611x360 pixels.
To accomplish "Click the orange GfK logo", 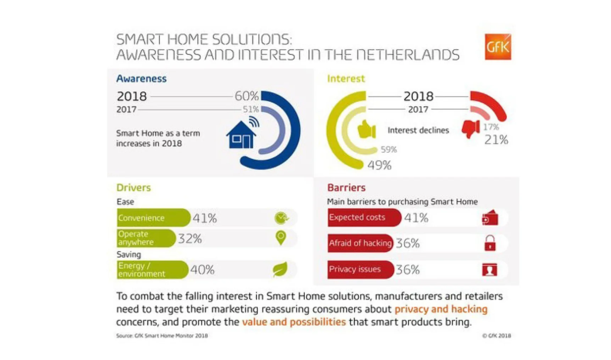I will click(x=498, y=47).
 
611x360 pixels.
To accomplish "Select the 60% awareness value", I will click(x=246, y=96).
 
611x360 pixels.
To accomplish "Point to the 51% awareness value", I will click(x=251, y=109).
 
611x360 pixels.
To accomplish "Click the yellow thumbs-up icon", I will click(x=366, y=130).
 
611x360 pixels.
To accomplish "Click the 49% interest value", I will click(x=379, y=165).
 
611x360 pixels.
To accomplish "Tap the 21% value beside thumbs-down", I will click(x=496, y=140).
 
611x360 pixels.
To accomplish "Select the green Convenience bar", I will click(x=153, y=218).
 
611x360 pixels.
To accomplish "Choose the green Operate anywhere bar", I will click(x=146, y=238).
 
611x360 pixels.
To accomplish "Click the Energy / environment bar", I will click(x=152, y=270).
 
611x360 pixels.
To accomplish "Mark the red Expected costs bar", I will click(x=364, y=217).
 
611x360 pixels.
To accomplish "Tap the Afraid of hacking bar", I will click(x=360, y=243).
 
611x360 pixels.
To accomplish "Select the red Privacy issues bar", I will click(x=360, y=269).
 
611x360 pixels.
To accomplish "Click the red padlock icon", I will click(x=490, y=243).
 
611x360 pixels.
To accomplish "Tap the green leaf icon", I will click(x=280, y=269).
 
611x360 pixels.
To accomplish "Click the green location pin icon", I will click(x=280, y=237).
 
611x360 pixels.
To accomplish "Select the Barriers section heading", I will click(x=346, y=187).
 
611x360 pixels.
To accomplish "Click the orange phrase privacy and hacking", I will click(x=441, y=309).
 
